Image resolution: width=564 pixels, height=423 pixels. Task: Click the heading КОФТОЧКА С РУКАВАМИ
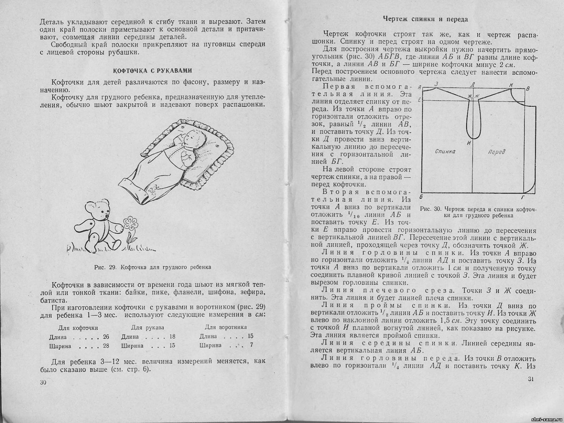pyautogui.click(x=152, y=70)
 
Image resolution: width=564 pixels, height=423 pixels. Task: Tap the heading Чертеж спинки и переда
pyautogui.click(x=425, y=19)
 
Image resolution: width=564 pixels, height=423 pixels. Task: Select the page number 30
pyautogui.click(x=43, y=382)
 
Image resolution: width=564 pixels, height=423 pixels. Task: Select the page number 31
pyautogui.click(x=532, y=379)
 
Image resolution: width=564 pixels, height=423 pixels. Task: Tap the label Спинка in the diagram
pyautogui.click(x=445, y=151)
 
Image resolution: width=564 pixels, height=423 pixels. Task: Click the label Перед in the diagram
pyautogui.click(x=496, y=152)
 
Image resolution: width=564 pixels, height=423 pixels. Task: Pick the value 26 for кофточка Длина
pyautogui.click(x=106, y=337)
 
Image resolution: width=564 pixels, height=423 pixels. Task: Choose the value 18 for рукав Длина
pyautogui.click(x=172, y=337)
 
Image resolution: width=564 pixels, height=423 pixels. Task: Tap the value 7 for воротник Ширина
pyautogui.click(x=251, y=345)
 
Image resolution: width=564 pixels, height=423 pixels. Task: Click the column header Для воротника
pyautogui.click(x=226, y=327)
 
